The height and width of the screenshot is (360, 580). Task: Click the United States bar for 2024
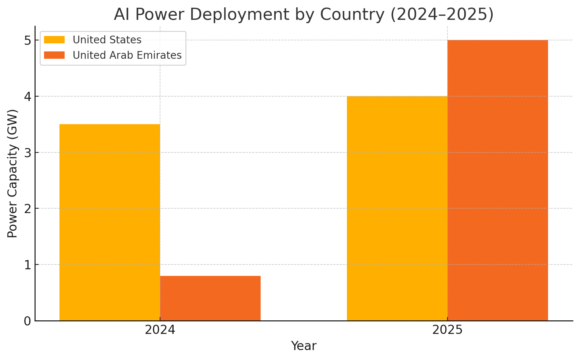point(109,222)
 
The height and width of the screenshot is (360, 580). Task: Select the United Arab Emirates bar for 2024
point(210,298)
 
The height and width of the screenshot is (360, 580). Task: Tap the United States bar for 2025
point(397,208)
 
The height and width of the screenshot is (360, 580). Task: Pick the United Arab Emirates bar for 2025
point(497,180)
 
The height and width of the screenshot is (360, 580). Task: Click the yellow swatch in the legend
point(54,40)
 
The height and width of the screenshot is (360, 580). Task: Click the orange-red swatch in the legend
point(54,55)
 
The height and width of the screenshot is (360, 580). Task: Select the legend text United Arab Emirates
point(127,55)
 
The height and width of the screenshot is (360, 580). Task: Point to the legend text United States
point(107,40)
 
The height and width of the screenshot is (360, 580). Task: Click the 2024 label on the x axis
point(160,330)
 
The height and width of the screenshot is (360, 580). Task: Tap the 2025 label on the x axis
point(447,330)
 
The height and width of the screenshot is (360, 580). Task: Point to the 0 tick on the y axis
point(28,321)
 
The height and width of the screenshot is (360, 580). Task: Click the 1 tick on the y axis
point(28,265)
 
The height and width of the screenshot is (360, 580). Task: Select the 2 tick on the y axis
point(28,209)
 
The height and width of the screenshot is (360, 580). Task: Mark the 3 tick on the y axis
point(28,152)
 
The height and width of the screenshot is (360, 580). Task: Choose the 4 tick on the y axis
point(28,96)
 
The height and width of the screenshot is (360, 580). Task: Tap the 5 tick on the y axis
point(28,40)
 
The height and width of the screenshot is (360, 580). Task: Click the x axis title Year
point(304,346)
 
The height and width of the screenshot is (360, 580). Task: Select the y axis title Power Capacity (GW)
point(12,173)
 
